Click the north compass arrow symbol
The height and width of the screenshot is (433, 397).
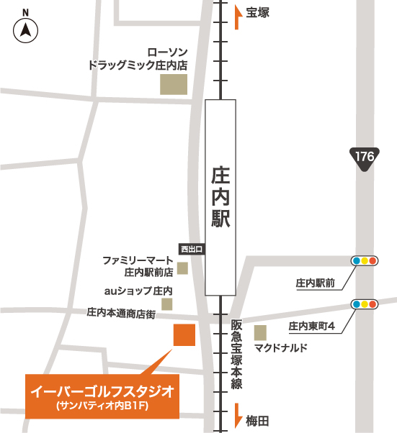click(26, 30)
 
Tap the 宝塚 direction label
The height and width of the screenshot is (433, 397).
click(257, 12)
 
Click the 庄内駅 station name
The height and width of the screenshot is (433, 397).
click(220, 197)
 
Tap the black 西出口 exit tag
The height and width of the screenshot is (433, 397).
click(192, 249)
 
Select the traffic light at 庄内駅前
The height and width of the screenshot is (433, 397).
click(363, 260)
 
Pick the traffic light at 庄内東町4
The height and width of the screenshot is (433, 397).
click(363, 304)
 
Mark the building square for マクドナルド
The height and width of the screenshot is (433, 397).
click(260, 332)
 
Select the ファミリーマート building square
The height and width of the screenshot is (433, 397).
click(182, 268)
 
